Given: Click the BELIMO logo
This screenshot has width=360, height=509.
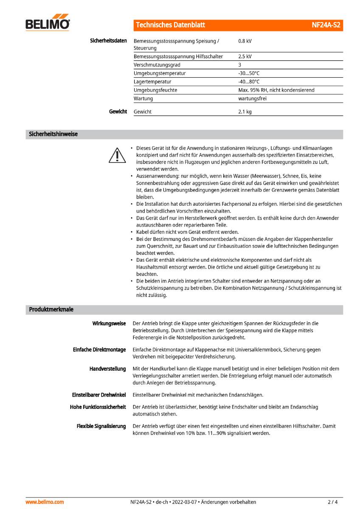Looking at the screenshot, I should (x=48, y=25).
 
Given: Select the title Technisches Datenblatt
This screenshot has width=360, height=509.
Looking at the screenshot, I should (x=170, y=25).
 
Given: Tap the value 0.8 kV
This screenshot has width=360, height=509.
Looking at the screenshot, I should (x=245, y=41).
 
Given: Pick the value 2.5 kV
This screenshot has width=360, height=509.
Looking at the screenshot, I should (x=245, y=56).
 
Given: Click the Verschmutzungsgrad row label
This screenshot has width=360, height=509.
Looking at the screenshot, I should (x=157, y=65).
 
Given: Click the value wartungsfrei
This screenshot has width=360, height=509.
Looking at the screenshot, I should (x=252, y=98).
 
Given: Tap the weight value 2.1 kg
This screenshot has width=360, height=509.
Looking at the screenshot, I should (x=245, y=112).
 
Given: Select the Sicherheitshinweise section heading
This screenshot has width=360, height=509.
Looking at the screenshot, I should (x=53, y=134).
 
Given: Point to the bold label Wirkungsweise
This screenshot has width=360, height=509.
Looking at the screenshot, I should (x=109, y=324).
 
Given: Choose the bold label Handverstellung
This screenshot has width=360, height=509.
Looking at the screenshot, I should (x=107, y=369).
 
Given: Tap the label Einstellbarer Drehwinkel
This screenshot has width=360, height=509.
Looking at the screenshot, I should (x=99, y=395).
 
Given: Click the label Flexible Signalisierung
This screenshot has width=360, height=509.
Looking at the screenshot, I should (x=101, y=426).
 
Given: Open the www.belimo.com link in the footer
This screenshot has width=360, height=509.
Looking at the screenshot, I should (x=45, y=502).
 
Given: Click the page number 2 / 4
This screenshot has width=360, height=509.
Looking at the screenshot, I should (x=332, y=502).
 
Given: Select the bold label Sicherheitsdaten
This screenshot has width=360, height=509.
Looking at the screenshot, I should (x=108, y=41).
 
